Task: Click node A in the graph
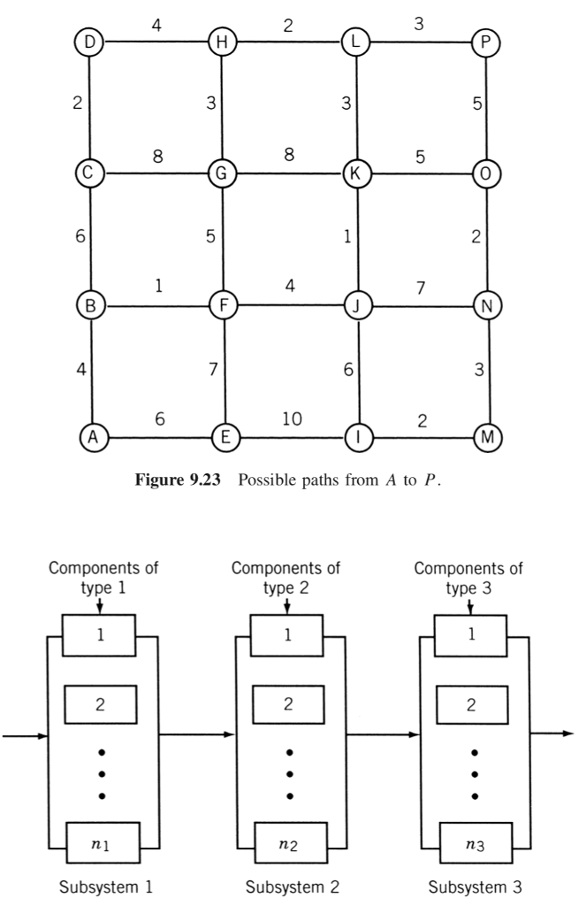(x=90, y=435)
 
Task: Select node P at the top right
(x=485, y=42)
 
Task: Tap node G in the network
(x=221, y=173)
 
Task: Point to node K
(x=357, y=173)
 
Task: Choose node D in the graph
(x=89, y=42)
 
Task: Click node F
(x=222, y=305)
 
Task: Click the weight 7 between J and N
(x=422, y=287)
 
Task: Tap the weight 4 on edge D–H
(x=156, y=25)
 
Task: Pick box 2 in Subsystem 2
(x=287, y=703)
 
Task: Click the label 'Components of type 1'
(x=102, y=576)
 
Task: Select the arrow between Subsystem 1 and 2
(x=196, y=733)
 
